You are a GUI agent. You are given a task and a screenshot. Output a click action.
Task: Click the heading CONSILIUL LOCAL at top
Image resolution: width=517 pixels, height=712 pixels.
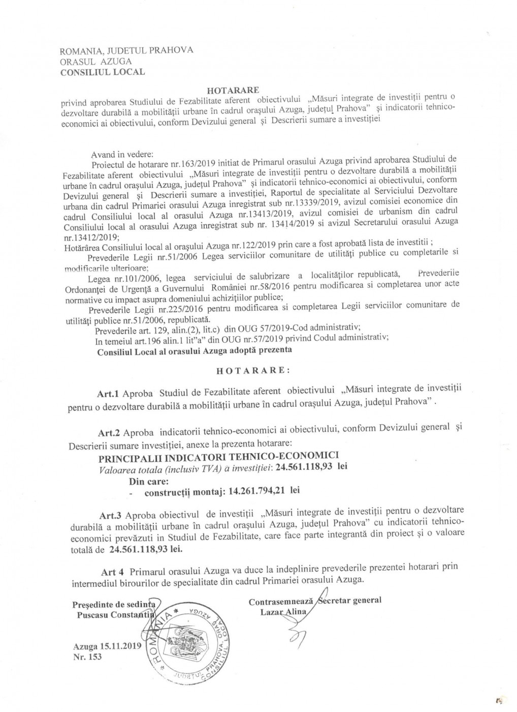(102, 72)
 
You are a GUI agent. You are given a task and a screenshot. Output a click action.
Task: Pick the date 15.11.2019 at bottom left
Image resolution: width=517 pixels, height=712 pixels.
(118, 646)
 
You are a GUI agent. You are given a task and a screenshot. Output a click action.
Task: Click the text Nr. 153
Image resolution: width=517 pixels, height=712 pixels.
(87, 657)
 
